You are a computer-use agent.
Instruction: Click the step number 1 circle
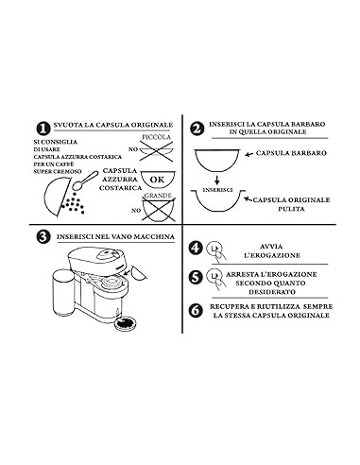(43, 128)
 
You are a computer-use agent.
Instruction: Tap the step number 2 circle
(197, 128)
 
